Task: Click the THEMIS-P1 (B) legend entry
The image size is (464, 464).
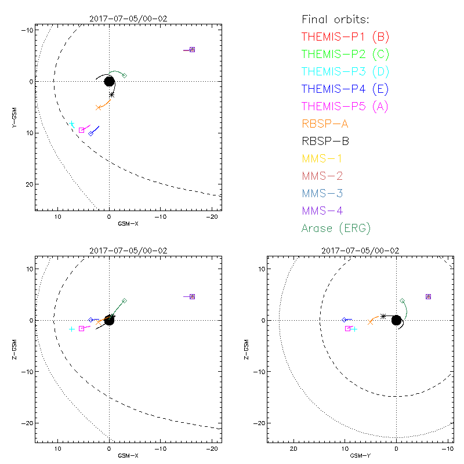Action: [345, 37]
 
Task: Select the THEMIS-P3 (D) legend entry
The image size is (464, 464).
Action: [345, 71]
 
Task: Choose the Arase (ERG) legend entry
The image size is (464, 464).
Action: [336, 228]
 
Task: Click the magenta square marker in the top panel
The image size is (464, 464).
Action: [81, 130]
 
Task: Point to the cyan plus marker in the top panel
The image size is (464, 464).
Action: [72, 124]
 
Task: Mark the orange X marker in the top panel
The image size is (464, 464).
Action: [99, 108]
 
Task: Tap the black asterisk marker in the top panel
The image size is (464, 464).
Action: [111, 95]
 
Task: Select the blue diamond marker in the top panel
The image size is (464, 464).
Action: [91, 133]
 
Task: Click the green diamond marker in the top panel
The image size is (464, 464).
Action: [124, 75]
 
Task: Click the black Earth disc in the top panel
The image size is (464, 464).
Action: [109, 81]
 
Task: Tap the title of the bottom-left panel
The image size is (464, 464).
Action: [128, 251]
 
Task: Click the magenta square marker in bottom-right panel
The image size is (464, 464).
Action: [348, 328]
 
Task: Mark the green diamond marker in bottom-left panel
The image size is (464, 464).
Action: [124, 301]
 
